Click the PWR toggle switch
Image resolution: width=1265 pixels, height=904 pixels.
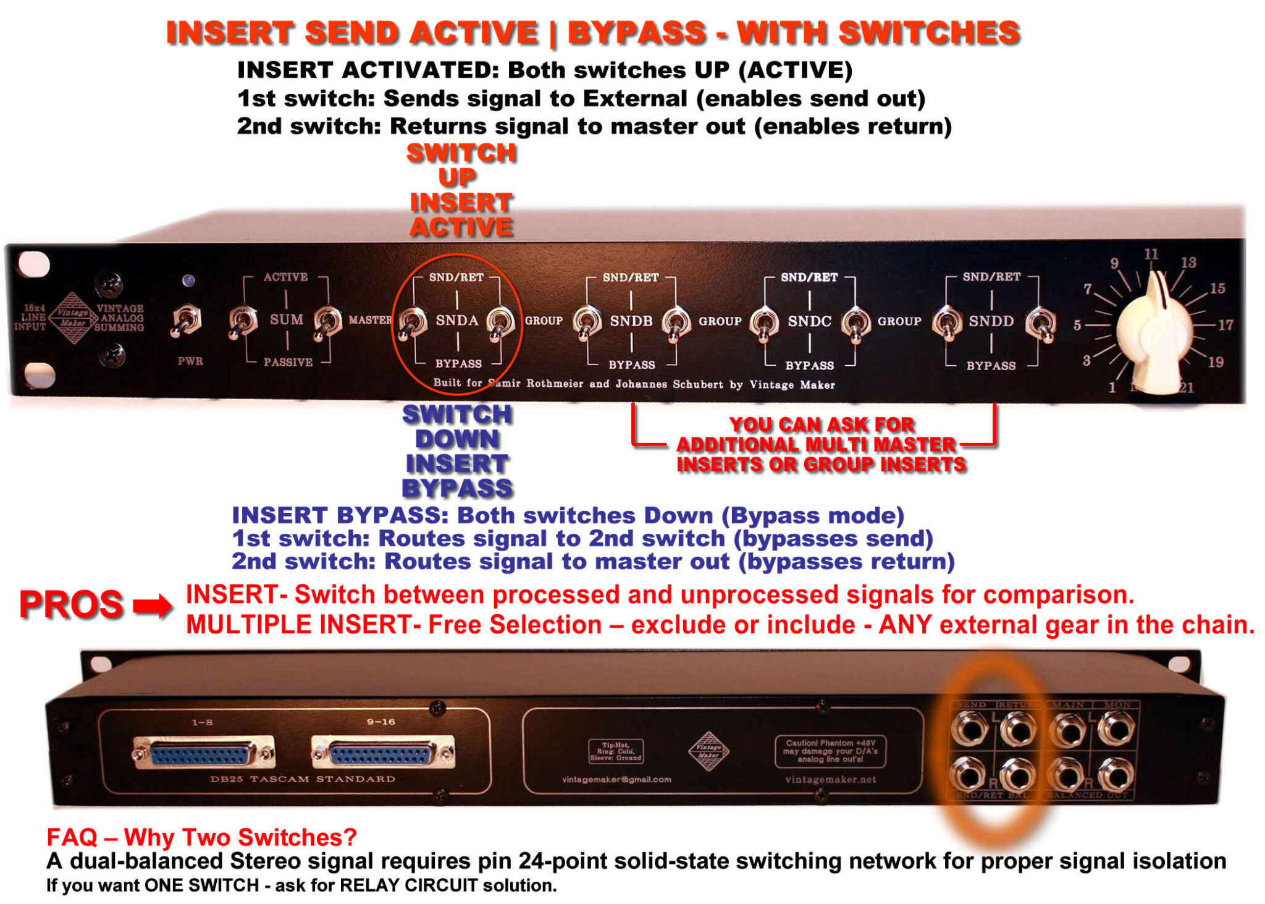185,321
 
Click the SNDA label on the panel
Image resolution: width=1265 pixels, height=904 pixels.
456,320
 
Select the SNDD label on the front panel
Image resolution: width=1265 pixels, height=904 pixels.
991,321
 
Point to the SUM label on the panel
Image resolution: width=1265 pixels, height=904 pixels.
287,319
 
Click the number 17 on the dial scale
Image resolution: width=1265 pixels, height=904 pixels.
1225,324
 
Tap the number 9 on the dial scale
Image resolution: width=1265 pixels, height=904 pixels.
1114,263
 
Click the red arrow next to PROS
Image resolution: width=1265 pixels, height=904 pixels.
153,606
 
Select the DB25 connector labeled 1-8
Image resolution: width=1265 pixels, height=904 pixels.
203,753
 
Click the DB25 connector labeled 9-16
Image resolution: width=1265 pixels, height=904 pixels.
382,753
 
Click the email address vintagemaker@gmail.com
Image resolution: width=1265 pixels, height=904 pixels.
616,779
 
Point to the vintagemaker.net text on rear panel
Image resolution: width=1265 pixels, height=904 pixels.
830,779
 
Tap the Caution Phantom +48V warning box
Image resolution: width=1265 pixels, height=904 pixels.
830,751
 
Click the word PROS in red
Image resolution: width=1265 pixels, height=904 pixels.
71,604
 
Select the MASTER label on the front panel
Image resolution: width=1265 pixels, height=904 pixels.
369,319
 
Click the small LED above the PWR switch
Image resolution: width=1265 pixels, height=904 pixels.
188,281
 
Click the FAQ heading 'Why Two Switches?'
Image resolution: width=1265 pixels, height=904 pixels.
201,837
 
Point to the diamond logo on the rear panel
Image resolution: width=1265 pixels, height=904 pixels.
708,751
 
